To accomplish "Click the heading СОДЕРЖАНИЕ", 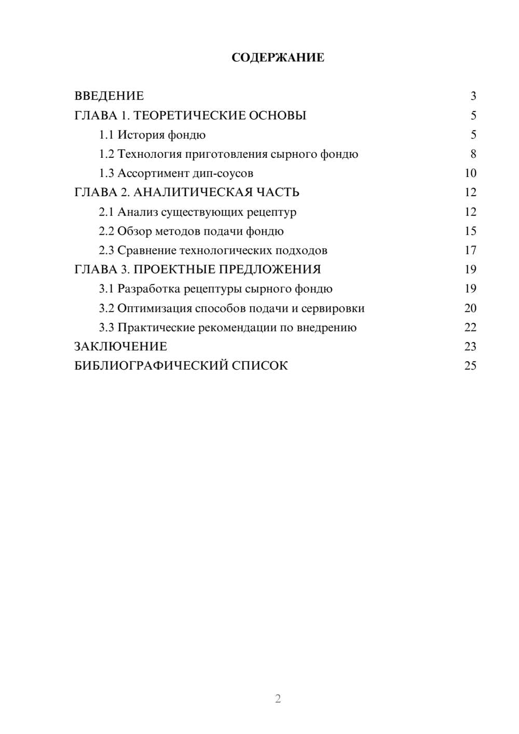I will tap(278, 58).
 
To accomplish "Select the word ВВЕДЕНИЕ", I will tap(109, 96).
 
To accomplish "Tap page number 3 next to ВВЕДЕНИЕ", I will tap(473, 96).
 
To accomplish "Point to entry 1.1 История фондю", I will tap(152, 135).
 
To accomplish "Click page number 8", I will tap(473, 154).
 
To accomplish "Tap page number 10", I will tap(470, 173).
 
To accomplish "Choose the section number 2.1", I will tap(106, 212).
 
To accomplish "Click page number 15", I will tap(470, 231).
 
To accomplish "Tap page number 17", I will tap(470, 250).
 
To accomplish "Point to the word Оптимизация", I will tap(154, 308).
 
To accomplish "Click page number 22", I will tap(470, 328).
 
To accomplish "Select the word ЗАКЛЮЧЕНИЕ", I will tap(120, 346).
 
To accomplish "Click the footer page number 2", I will tap(278, 699).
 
